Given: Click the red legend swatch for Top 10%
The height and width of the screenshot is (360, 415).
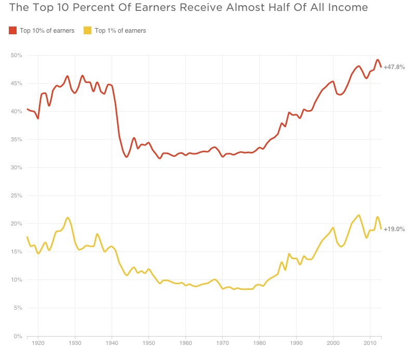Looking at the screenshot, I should coord(13,31).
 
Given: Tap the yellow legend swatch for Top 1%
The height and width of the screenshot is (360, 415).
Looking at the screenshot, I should coord(88,31).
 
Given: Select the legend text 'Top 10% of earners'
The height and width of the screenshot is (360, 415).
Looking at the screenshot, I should coord(47,31).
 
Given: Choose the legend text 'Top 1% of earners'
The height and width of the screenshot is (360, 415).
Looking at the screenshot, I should coord(120,31).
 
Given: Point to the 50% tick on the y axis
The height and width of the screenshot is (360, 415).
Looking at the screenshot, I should coord(16,55).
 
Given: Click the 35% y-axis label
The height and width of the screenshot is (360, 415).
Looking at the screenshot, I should coord(16,140).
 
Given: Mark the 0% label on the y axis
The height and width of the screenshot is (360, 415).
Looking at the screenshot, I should coord(18,337).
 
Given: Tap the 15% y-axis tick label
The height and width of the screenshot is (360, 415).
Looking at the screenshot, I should coord(16,252).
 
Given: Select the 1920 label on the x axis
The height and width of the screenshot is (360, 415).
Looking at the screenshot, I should coord(38,344).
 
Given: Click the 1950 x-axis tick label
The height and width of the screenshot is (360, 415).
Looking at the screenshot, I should coord(149,344).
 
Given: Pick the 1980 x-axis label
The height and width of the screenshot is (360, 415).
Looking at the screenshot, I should coord(259,344).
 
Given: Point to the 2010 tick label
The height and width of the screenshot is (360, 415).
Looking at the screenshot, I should coord(369,344).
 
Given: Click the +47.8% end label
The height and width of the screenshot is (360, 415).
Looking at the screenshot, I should coord(394,68).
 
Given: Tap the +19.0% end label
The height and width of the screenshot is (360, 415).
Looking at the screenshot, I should coord(394,229).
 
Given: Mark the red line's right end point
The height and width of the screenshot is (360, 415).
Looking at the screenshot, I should coord(381,67).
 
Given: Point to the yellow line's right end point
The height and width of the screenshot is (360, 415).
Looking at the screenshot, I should coord(381,229).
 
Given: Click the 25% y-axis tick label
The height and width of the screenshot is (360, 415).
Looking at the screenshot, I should coord(16,196).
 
